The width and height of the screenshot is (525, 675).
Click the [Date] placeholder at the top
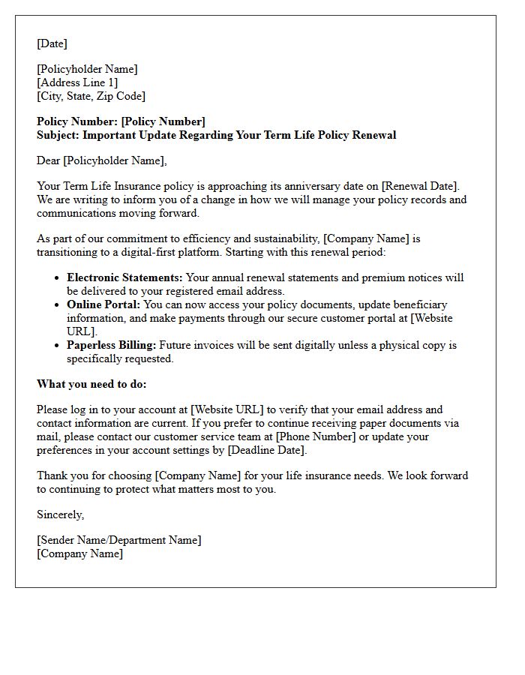(x=52, y=43)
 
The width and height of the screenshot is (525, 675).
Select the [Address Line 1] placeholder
(x=77, y=82)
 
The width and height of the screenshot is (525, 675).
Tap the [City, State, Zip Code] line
(x=91, y=96)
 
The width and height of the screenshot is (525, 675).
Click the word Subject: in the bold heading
(x=58, y=135)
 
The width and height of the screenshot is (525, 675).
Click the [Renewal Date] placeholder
(x=420, y=186)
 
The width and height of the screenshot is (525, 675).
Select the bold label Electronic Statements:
(x=124, y=277)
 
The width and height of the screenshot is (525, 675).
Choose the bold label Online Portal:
(x=103, y=304)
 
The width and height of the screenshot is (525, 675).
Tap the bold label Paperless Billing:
(x=112, y=345)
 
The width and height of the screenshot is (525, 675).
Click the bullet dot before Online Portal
(x=57, y=305)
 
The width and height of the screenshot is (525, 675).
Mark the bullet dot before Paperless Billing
(x=57, y=346)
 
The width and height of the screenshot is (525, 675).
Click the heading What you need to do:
(x=91, y=384)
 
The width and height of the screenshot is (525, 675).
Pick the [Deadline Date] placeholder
(x=266, y=450)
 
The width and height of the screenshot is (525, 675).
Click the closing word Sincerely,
(x=61, y=514)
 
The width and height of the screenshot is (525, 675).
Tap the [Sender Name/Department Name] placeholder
(x=118, y=540)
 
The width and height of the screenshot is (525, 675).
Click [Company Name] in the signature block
(x=79, y=553)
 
